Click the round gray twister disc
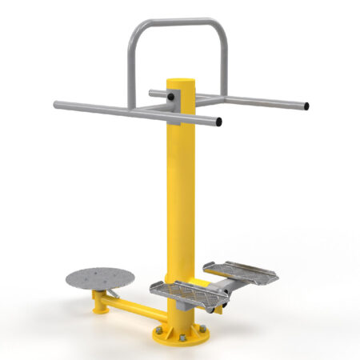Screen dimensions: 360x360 pyautogui.click(x=98, y=278)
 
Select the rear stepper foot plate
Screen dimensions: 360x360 pyautogui.click(x=240, y=271)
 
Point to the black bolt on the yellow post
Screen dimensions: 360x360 pyautogui.click(x=170, y=99)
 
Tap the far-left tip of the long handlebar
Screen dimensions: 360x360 pyautogui.click(x=56, y=105)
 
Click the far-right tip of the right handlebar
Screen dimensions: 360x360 pyautogui.click(x=307, y=106)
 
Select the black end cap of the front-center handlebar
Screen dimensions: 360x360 pyautogui.click(x=218, y=122)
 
